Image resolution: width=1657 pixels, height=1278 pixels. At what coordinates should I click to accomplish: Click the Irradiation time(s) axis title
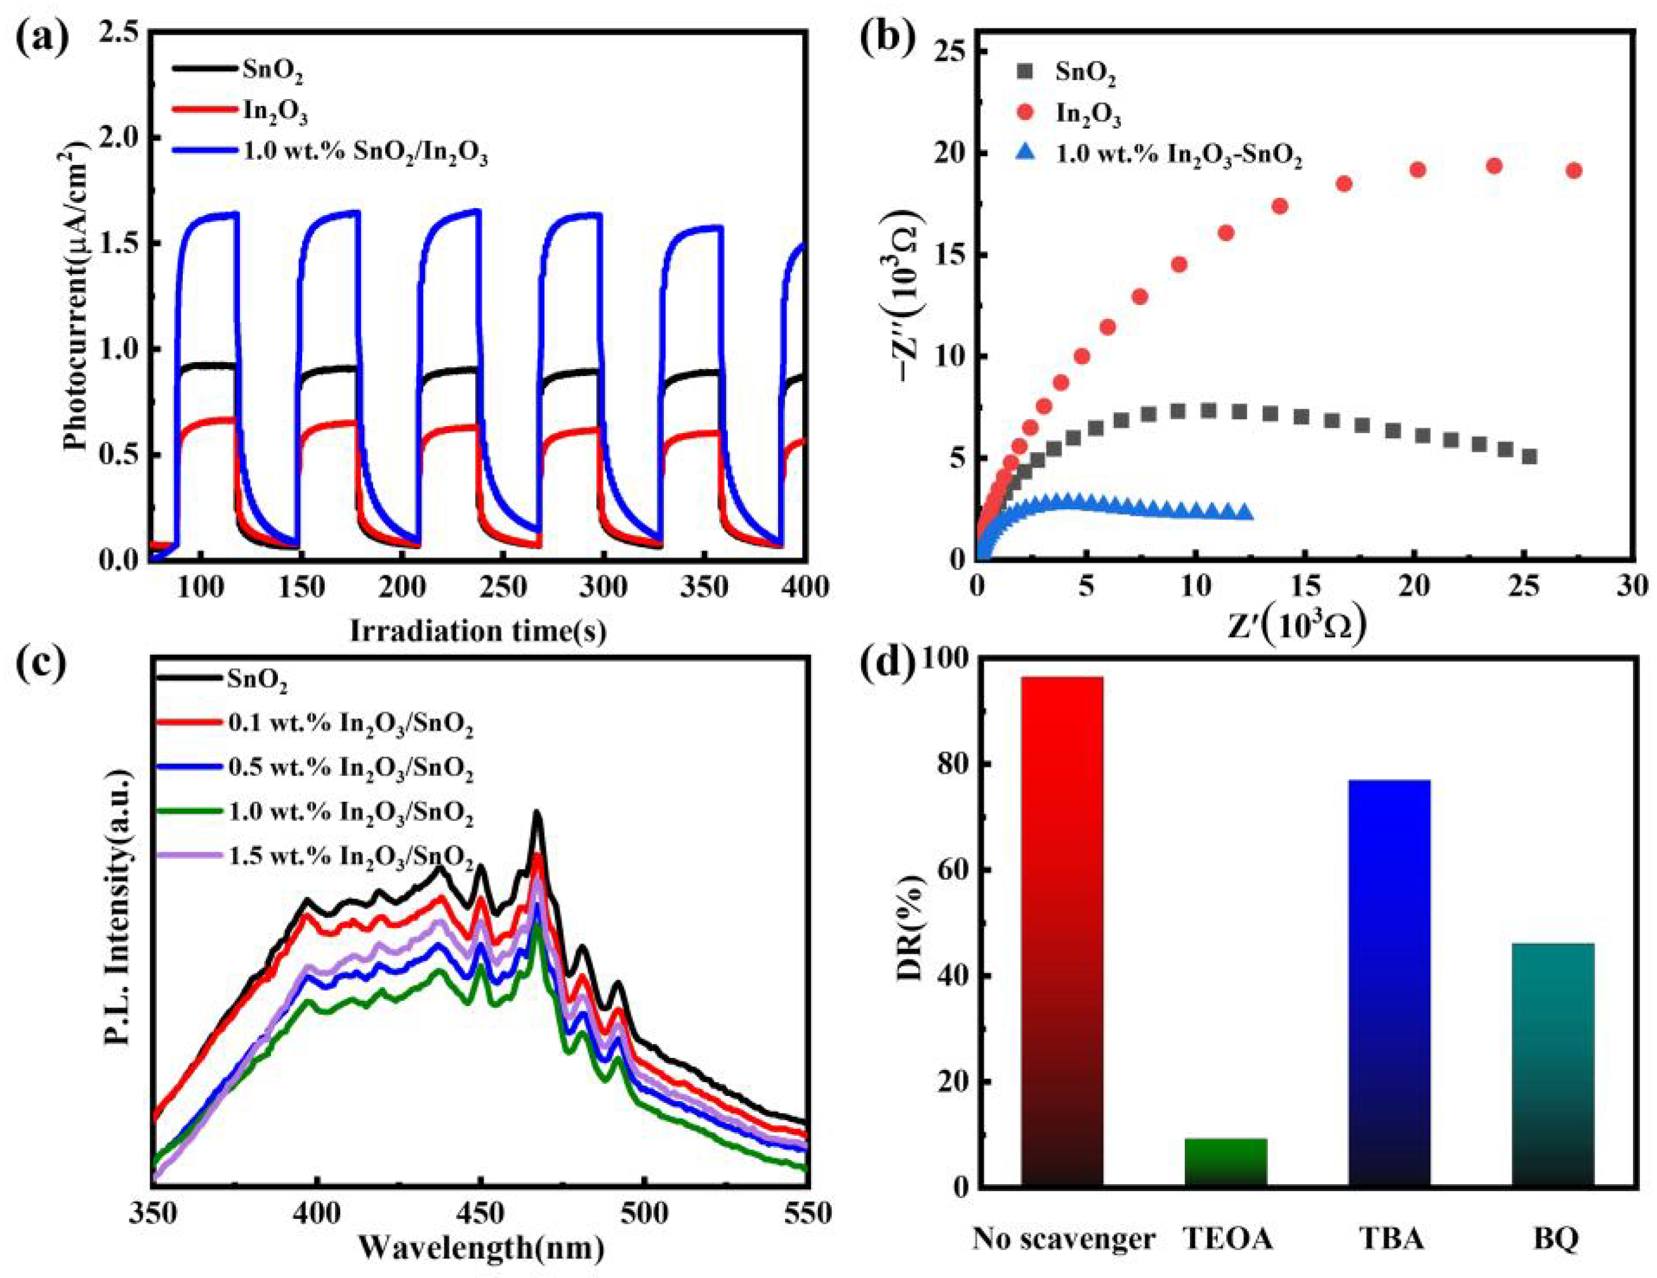(478, 631)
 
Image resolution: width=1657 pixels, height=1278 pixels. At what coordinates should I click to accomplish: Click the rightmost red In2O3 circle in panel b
(1573, 171)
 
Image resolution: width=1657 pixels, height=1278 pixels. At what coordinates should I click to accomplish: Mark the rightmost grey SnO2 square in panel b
(1529, 457)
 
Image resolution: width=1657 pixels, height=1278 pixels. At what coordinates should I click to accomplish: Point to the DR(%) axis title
(909, 937)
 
